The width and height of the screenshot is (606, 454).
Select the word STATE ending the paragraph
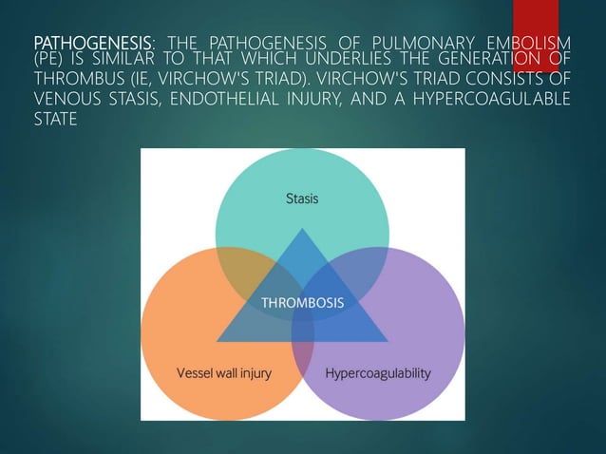click(x=54, y=121)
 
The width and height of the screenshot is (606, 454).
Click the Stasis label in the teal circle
click(x=302, y=199)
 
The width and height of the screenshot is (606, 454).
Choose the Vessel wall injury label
click(x=224, y=373)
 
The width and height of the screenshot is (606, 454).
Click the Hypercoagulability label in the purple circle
click(x=378, y=373)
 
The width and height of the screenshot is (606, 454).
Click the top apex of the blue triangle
click(x=302, y=230)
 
